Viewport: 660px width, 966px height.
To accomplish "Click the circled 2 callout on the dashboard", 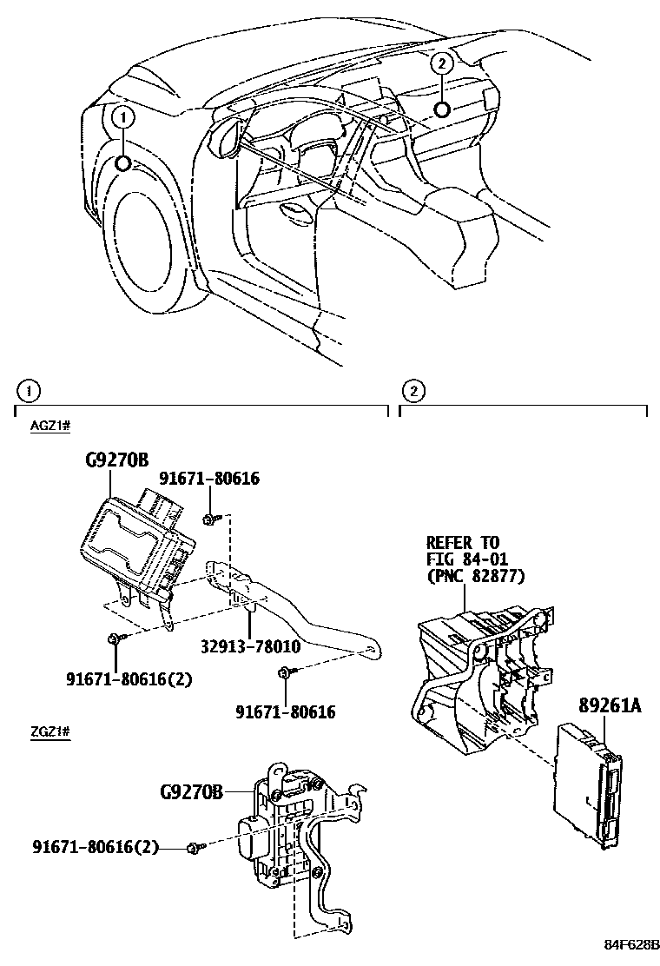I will point(442,63).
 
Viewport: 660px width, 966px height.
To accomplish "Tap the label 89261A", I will point(607,706).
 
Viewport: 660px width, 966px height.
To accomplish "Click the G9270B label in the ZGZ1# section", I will point(192,791).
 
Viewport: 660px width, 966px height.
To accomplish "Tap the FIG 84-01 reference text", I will point(466,559).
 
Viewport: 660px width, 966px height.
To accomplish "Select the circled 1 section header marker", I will point(30,391).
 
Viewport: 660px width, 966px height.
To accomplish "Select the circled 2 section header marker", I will point(414,391).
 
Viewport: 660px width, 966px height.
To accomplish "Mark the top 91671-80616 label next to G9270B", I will point(209,479).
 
